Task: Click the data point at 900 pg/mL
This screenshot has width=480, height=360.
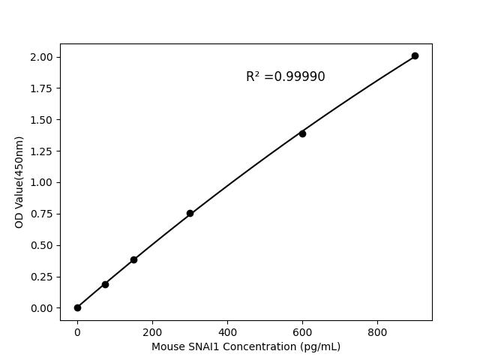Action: (x=415, y=55)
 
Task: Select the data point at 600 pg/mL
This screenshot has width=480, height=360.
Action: (x=302, y=133)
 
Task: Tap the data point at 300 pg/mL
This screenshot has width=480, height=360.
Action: (x=190, y=213)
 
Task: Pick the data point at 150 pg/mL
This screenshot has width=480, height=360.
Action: (x=133, y=259)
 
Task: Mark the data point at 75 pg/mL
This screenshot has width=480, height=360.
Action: (x=105, y=284)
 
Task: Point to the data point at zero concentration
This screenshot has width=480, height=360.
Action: (x=77, y=307)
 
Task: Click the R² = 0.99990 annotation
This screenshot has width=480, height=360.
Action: (x=285, y=76)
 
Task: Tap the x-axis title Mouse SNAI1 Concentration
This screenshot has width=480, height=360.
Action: (x=245, y=346)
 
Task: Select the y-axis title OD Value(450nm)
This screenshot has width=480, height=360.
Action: (x=19, y=182)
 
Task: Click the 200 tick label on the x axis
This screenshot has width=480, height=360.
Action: (x=152, y=331)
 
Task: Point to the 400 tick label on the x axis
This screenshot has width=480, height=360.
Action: (x=227, y=331)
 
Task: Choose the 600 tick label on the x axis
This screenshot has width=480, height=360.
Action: (x=302, y=331)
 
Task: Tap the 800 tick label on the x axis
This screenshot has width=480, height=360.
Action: (x=377, y=331)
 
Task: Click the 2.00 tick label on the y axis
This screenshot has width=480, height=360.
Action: (x=42, y=57)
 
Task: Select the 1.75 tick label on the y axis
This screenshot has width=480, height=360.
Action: (x=42, y=88)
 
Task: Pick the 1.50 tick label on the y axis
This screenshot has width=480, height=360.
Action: (x=42, y=120)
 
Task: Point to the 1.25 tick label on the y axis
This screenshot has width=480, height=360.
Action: (x=42, y=151)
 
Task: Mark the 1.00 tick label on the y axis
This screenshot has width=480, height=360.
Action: (x=42, y=182)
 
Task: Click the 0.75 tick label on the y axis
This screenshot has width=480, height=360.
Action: (x=42, y=214)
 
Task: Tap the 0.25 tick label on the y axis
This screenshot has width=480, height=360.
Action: (x=42, y=277)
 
